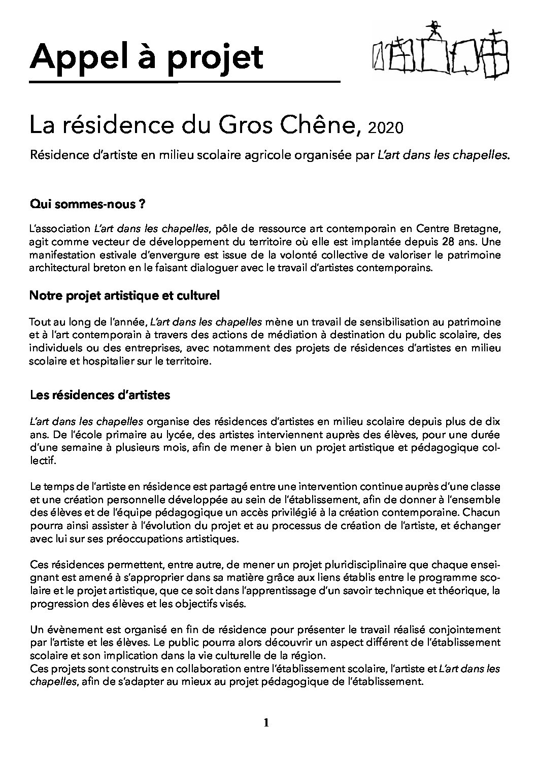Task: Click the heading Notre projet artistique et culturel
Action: tap(125, 296)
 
